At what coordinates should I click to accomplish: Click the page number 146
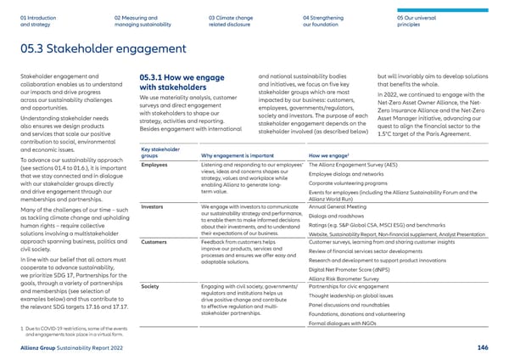pyautogui.click(x=494, y=347)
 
